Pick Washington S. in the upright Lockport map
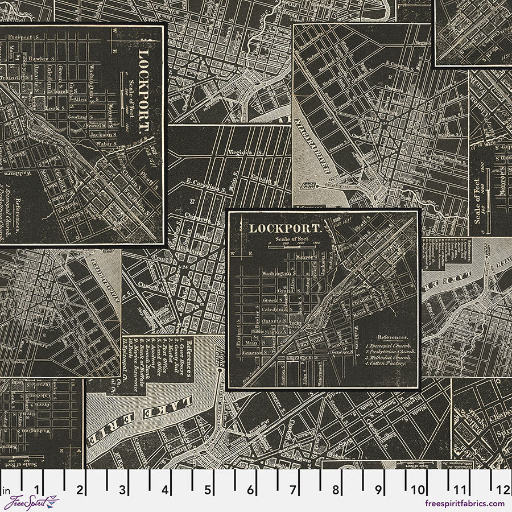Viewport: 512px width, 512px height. (276, 272)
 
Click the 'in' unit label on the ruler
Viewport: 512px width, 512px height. (7, 489)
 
